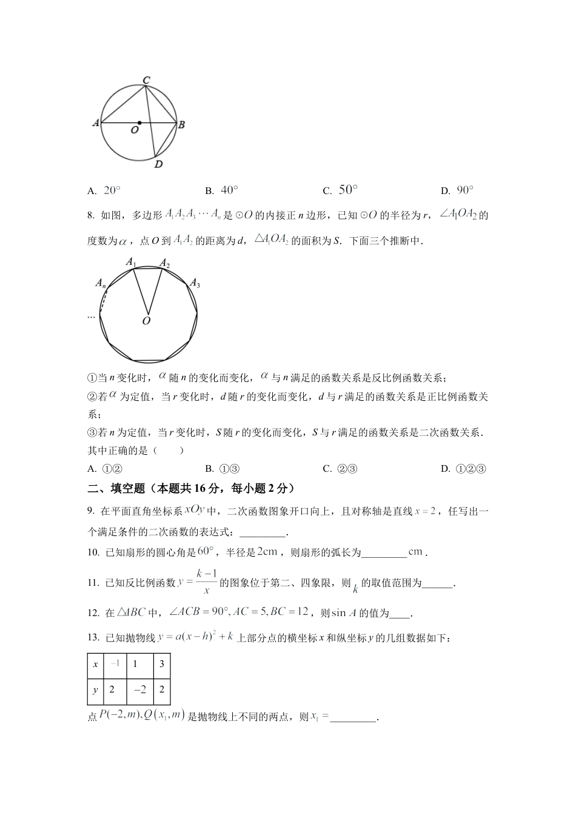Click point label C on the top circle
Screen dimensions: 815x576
(x=146, y=79)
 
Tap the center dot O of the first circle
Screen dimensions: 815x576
(x=139, y=123)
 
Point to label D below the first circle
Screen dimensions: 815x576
(x=158, y=164)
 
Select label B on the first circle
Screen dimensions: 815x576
(x=181, y=124)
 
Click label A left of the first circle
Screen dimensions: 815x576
(x=95, y=122)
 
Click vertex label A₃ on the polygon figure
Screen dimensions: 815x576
(x=195, y=283)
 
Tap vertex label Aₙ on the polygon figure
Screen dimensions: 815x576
(x=100, y=283)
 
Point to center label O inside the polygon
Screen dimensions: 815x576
(x=146, y=321)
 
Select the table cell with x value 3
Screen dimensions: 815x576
(x=162, y=664)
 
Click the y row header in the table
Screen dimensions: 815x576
(x=96, y=690)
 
